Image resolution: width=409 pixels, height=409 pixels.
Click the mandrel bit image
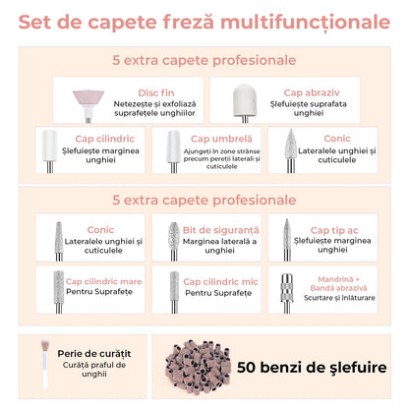[286, 287]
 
